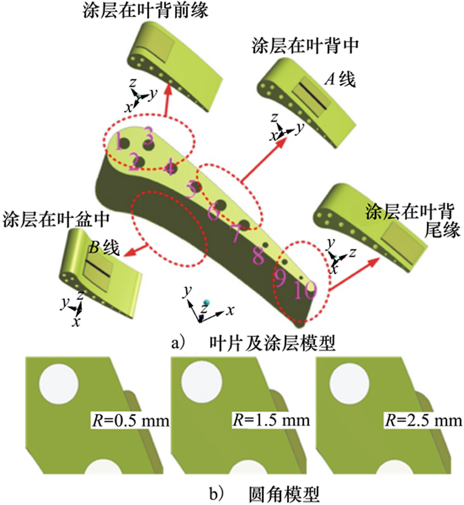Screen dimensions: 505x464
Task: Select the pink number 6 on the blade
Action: pyautogui.click(x=213, y=212)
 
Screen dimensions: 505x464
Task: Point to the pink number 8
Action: pyautogui.click(x=258, y=255)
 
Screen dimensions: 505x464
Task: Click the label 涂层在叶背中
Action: pyautogui.click(x=305, y=46)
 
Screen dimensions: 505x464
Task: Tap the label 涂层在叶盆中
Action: pyautogui.click(x=56, y=219)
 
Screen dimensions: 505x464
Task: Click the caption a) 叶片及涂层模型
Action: pyautogui.click(x=253, y=343)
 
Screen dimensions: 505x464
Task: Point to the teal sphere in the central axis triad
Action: pyautogui.click(x=207, y=302)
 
